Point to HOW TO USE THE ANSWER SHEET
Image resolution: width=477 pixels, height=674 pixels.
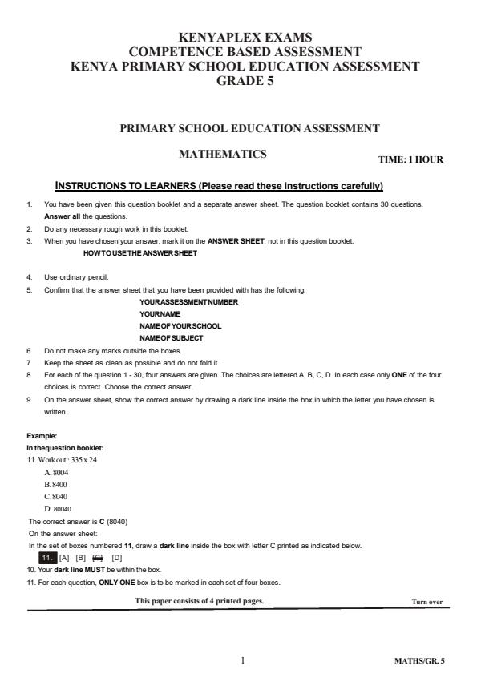click(140, 253)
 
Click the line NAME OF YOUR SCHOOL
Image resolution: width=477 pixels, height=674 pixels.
click(180, 326)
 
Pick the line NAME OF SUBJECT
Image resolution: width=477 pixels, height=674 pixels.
click(171, 338)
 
